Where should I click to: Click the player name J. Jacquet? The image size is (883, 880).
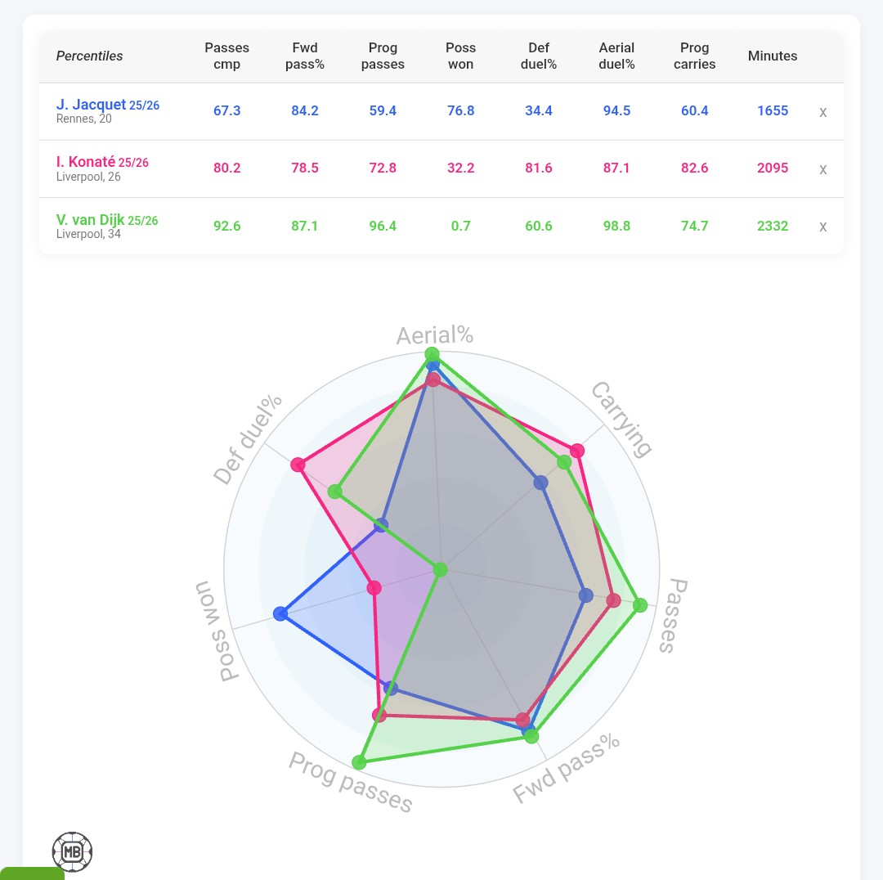click(91, 105)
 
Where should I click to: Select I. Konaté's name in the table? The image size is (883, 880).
click(90, 162)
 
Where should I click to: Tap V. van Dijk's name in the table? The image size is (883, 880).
click(90, 220)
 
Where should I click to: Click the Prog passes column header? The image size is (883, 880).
click(383, 56)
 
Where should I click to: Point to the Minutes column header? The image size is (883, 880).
click(772, 56)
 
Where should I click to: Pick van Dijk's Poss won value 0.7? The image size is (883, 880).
click(460, 226)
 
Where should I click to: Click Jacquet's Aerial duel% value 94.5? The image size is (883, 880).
click(616, 110)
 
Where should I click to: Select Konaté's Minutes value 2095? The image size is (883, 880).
click(772, 168)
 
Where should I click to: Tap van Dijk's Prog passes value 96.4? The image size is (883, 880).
click(383, 226)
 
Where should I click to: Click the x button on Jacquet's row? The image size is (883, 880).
click(822, 112)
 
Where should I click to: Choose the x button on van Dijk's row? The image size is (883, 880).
click(822, 227)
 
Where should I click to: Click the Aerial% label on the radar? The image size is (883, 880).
click(434, 335)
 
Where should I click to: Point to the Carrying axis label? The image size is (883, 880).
click(622, 419)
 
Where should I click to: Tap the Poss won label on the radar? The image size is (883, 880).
click(216, 631)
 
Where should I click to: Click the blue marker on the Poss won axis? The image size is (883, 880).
click(281, 613)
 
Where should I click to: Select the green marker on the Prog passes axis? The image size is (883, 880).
click(359, 762)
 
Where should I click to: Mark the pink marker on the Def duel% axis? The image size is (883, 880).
click(298, 465)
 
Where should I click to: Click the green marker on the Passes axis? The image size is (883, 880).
click(640, 605)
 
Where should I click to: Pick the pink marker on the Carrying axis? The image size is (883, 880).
click(577, 451)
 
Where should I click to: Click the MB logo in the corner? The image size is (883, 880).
click(72, 852)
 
